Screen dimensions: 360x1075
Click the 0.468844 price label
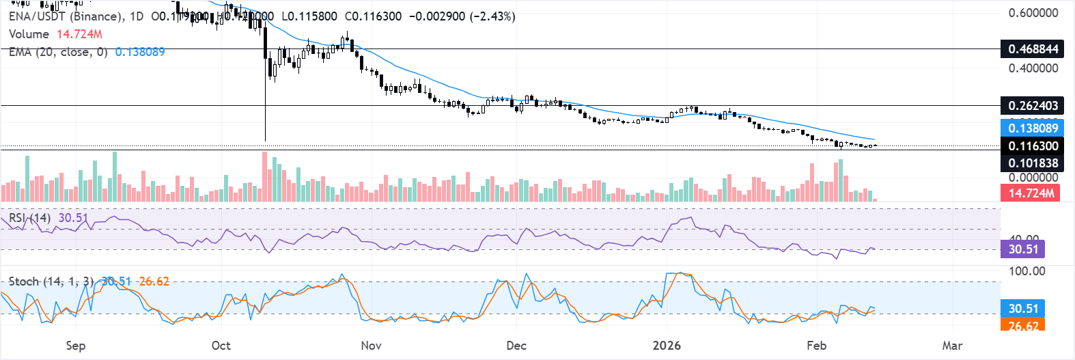tap(1033, 49)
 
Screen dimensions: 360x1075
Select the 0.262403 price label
tap(1033, 106)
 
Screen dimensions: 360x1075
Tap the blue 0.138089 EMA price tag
tap(1033, 128)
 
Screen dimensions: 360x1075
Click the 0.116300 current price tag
tap(1033, 146)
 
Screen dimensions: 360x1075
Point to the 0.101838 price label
tap(1033, 163)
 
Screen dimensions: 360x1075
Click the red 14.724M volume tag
tap(1031, 193)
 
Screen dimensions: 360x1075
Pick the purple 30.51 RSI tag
tap(1023, 249)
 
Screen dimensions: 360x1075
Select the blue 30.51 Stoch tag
tap(1023, 309)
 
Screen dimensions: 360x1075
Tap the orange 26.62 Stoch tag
tap(1023, 325)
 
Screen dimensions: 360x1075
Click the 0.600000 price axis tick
tap(1033, 13)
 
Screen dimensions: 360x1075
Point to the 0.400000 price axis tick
tap(1033, 68)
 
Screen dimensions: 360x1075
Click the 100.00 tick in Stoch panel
tap(1027, 271)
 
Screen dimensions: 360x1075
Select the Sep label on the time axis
tap(76, 346)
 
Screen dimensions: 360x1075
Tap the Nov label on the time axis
tap(371, 346)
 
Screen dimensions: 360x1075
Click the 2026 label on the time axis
tap(667, 346)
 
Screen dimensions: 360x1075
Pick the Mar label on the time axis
tap(952, 346)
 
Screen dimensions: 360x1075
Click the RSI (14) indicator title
tap(29, 218)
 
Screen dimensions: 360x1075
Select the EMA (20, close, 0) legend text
tap(58, 52)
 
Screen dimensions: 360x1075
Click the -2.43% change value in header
tap(492, 16)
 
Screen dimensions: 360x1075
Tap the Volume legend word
tap(29, 34)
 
